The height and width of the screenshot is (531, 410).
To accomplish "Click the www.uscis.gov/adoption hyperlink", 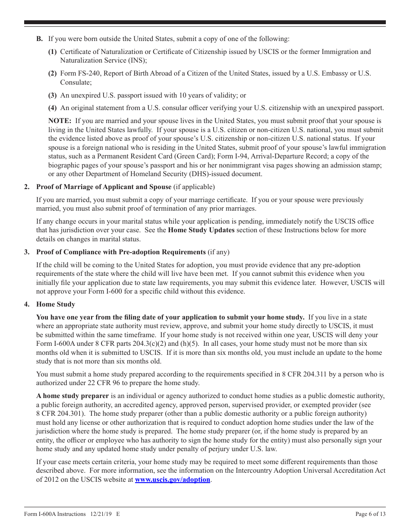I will coord(173,480).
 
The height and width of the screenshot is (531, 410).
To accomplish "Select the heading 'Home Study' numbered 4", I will coord(55,304).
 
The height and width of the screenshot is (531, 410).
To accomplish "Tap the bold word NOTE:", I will coord(60,121).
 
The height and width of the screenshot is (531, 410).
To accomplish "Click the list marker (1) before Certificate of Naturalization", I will coord(52,52).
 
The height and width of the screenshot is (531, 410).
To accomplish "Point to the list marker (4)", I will coord(52,108).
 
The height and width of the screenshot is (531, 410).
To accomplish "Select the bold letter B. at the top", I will coord(39,38).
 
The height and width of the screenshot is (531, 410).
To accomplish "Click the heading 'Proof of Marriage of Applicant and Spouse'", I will coord(104,186).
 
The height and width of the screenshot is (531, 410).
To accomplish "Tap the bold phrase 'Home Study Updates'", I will coord(201,230).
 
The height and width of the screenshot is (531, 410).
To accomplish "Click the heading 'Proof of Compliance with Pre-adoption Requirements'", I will coord(121,252).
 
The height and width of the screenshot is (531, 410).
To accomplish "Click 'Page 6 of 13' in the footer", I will coord(370,514).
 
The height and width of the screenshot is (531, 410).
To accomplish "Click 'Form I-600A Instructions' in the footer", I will coord(55,514).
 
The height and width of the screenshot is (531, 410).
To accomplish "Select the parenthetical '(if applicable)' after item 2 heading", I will coord(194,186).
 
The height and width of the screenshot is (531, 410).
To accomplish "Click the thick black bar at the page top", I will coord(205,22).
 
